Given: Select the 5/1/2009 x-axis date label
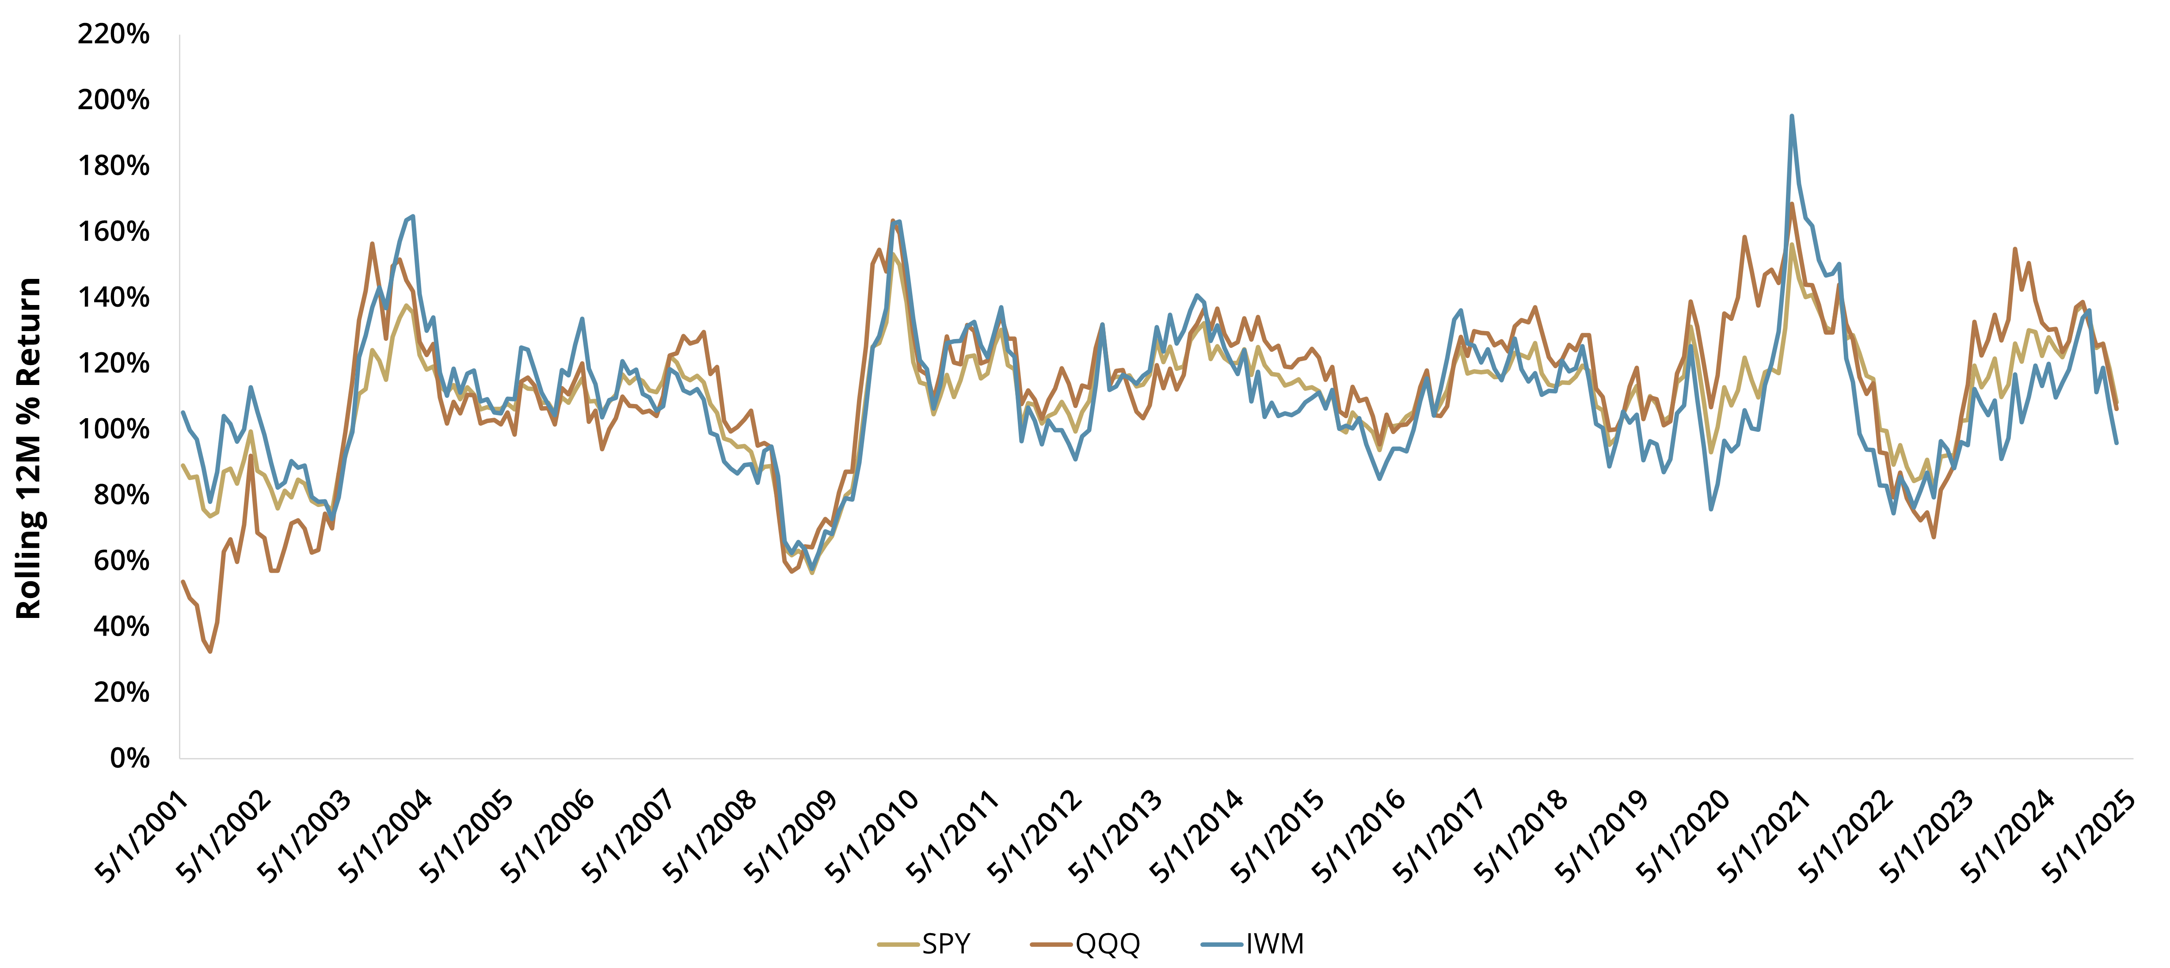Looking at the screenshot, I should coord(792,838).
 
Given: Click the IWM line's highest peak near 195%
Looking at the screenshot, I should coord(1792,116).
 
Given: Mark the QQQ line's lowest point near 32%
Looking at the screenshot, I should coord(210,651).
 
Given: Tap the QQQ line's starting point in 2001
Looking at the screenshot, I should coord(183,581).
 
